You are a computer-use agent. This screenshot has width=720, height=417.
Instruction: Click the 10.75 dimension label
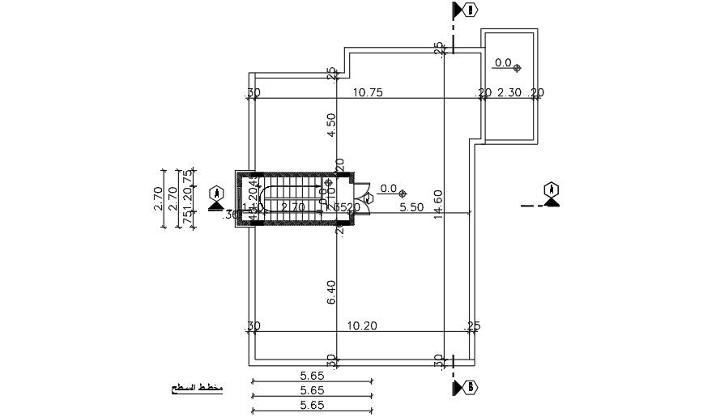(x=368, y=92)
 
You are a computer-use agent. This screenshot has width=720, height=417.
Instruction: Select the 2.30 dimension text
(x=510, y=92)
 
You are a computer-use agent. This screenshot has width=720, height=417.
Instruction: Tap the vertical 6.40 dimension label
(x=330, y=292)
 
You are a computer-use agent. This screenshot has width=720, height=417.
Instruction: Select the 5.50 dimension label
(x=411, y=207)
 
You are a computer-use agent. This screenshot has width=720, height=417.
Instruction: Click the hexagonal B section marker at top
(x=471, y=10)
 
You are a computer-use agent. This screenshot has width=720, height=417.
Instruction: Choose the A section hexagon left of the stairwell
(x=216, y=193)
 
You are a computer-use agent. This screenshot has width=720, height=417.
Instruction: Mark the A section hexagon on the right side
(x=552, y=189)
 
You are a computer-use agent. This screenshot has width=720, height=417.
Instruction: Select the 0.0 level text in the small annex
(x=503, y=62)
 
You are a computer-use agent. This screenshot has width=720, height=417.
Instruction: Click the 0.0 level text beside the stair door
(x=388, y=189)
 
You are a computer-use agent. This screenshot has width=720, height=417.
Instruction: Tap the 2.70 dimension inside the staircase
(x=292, y=207)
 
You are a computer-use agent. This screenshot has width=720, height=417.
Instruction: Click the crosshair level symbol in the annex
(x=518, y=67)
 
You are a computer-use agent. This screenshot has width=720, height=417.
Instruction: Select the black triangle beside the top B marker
(x=458, y=10)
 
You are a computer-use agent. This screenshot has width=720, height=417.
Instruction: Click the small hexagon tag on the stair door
(x=369, y=197)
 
